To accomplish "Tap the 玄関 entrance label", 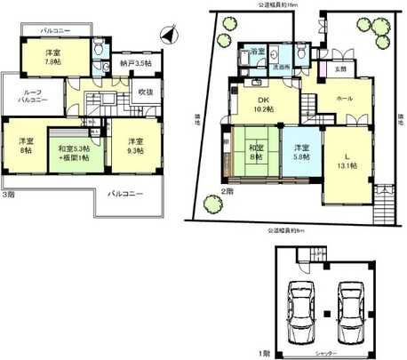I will pos(340,68).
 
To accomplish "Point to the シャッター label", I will pos(325,354).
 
